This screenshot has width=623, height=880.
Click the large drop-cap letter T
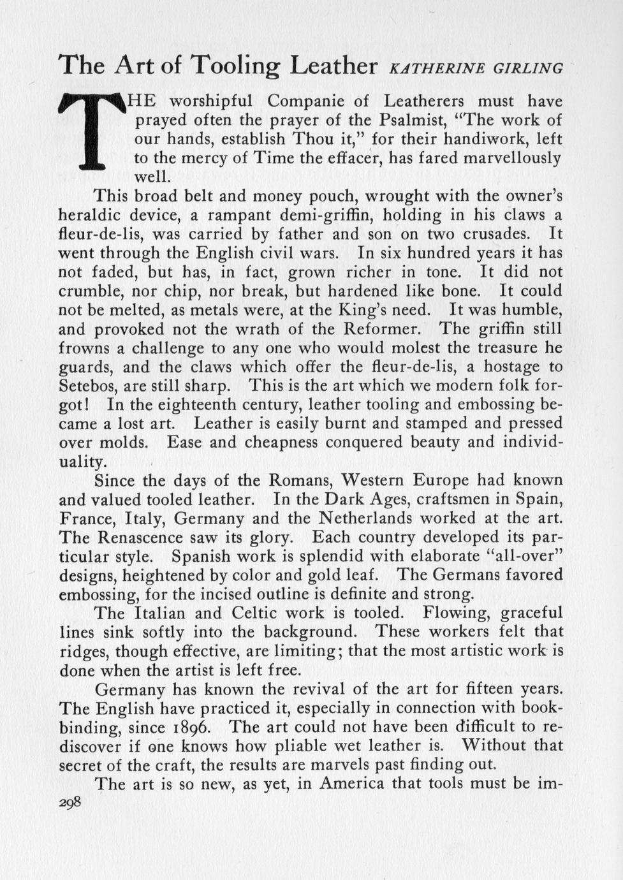click(x=94, y=131)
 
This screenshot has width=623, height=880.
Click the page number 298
click(x=70, y=803)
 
